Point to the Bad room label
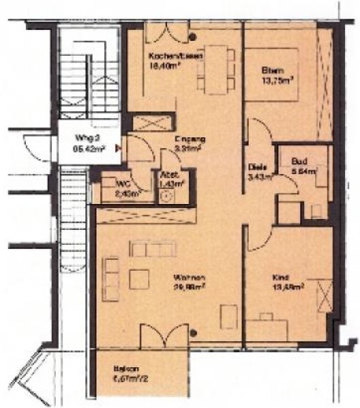pyautogui.click(x=300, y=161)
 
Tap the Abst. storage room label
pyautogui.click(x=168, y=174)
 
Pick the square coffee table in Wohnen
pyautogui.click(x=141, y=279)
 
